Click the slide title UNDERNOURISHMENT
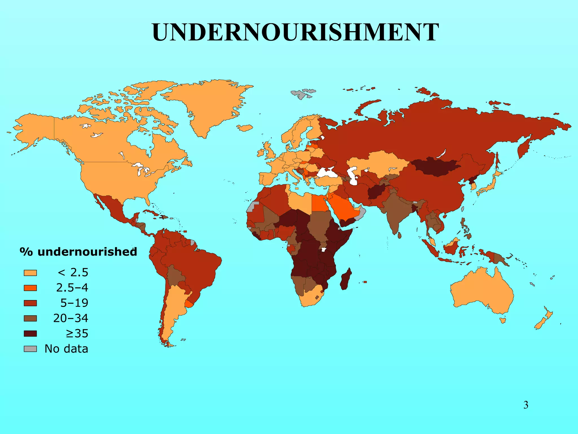pos(295,32)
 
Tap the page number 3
pos(526,405)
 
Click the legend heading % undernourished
pos(78,252)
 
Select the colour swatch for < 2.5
pos(30,273)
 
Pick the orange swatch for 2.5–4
pos(30,288)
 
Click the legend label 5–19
pos(74,303)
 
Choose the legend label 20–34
pos(71,318)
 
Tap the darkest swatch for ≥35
pos(30,334)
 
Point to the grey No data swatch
pos(30,349)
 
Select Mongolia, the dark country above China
pos(435,167)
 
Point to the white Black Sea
pos(327,172)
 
